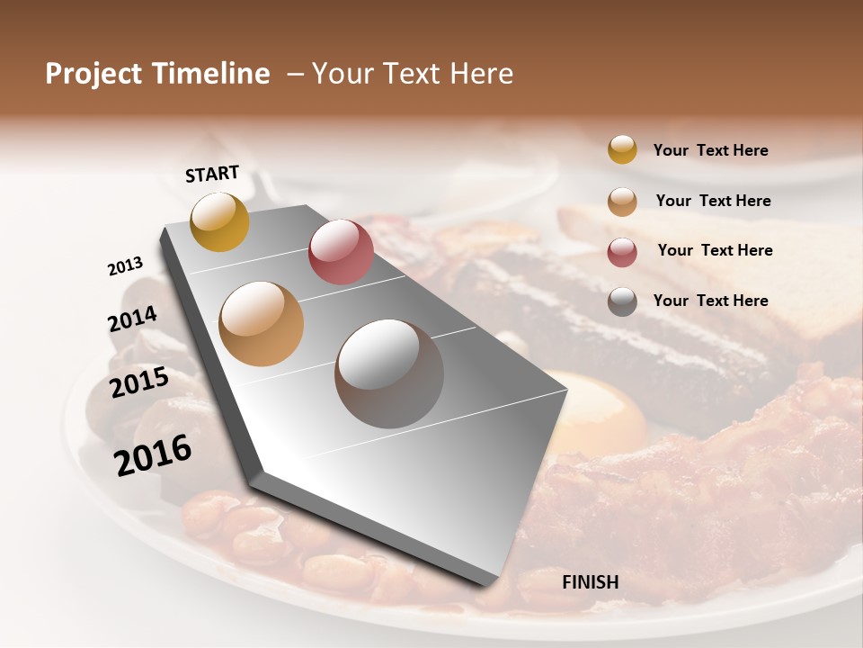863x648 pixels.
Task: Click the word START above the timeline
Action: click(212, 174)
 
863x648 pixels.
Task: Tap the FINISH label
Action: click(591, 582)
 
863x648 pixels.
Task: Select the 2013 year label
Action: click(126, 266)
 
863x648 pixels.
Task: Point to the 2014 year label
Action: click(132, 319)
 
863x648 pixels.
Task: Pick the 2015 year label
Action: click(139, 382)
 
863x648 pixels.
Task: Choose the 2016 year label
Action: click(153, 454)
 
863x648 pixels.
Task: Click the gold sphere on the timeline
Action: click(219, 221)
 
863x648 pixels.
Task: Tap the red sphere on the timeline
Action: click(341, 252)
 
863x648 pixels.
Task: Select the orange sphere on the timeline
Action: click(261, 324)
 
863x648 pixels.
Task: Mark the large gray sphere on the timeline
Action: click(389, 373)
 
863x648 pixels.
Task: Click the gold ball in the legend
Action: click(622, 149)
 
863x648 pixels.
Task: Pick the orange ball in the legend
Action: click(622, 202)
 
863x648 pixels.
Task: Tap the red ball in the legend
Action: click(622, 252)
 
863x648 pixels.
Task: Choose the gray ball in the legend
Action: click(622, 301)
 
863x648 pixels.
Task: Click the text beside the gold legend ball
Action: click(710, 150)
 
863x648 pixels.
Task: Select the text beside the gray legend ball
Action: click(710, 301)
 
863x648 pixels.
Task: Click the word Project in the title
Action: click(95, 74)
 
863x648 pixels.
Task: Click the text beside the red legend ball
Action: click(715, 250)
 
